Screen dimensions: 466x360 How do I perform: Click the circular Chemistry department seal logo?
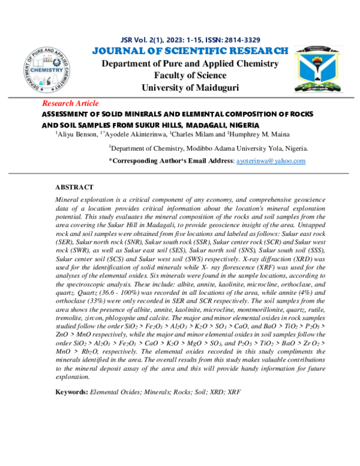pyautogui.click(x=49, y=71)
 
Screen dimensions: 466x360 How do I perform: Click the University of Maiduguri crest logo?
pyautogui.click(x=317, y=70)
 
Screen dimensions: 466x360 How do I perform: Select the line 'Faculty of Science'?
pyautogui.click(x=190, y=76)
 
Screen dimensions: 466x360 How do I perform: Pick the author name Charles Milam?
pyautogui.click(x=191, y=134)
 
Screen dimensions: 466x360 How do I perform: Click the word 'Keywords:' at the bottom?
pyautogui.click(x=71, y=392)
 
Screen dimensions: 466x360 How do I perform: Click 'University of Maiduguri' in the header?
pyautogui.click(x=190, y=88)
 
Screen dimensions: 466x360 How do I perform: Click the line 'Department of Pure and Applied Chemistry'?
pyautogui.click(x=190, y=64)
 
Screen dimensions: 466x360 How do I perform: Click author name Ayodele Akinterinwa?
pyautogui.click(x=135, y=134)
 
